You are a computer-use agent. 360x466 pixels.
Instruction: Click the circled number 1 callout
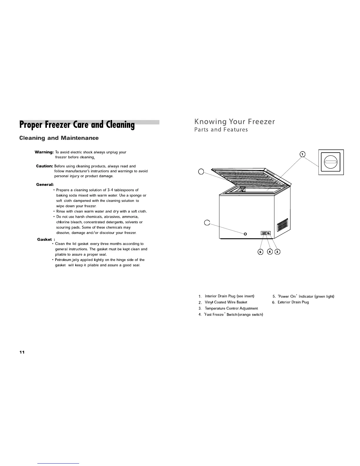click(x=302, y=154)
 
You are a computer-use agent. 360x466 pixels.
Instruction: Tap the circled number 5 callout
click(x=260, y=252)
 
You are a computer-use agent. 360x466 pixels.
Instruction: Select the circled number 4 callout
click(x=269, y=252)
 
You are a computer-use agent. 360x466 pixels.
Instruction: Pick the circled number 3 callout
click(x=277, y=252)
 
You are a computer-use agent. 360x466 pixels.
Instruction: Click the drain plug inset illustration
click(x=331, y=162)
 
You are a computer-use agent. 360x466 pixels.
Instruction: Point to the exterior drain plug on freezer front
click(x=245, y=234)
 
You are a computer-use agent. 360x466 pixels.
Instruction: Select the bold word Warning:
click(x=44, y=152)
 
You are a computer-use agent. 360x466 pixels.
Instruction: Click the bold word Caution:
click(x=44, y=166)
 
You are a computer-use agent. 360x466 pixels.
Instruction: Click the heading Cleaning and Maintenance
click(x=59, y=138)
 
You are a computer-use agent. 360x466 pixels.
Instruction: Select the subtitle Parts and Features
click(x=221, y=130)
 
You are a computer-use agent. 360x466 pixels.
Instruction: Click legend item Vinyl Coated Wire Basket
click(x=226, y=302)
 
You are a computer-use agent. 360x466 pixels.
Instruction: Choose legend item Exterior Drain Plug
click(x=293, y=302)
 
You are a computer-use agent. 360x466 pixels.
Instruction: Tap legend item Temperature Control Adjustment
click(x=231, y=308)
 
